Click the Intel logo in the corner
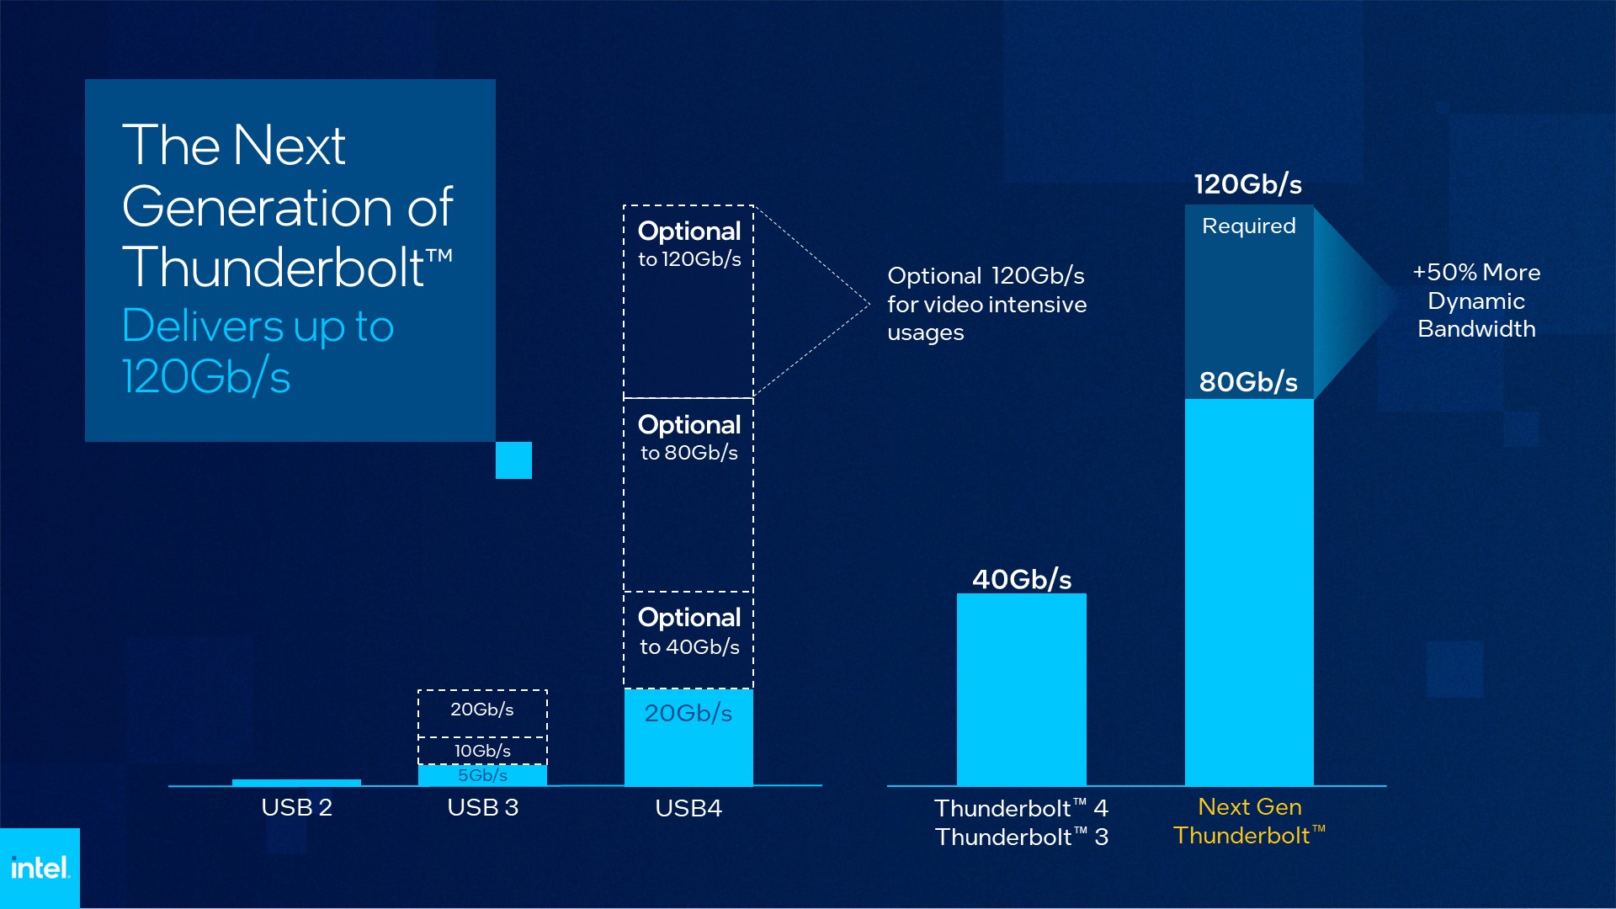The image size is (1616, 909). point(40,868)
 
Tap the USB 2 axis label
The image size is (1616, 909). point(296,807)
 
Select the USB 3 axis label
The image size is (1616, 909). point(482,807)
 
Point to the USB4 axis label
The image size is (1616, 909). point(688,808)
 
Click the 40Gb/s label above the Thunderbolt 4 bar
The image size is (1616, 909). point(1022,579)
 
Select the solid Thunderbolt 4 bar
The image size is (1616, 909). point(1021,690)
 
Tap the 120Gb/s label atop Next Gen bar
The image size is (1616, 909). point(1248,184)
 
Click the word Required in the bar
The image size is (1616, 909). point(1248,226)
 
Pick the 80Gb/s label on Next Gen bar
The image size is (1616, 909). point(1248,381)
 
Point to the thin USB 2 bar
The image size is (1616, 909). point(296,783)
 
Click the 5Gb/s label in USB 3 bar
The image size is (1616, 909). point(482,775)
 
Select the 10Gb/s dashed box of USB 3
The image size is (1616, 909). point(482,750)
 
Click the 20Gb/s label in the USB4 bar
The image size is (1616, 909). point(688,713)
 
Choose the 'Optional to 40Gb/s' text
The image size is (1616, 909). point(689,631)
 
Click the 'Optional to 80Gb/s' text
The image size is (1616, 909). point(689,438)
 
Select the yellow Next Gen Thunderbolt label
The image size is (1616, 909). point(1249,821)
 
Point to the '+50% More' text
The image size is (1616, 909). point(1476,273)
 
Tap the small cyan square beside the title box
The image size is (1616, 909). point(513,460)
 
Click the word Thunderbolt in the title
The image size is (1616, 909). point(273,268)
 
